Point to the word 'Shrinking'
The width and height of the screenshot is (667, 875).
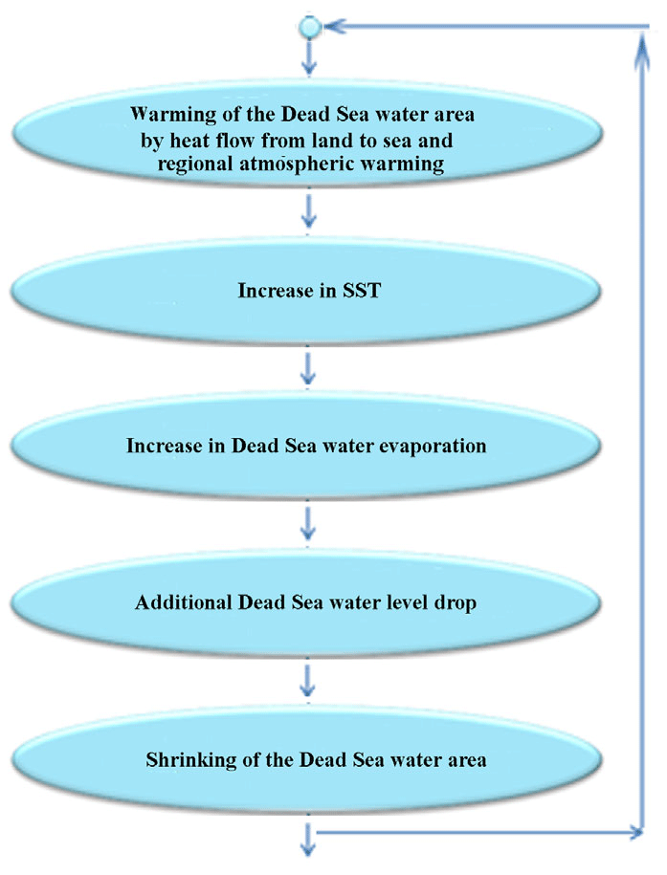pos(184,761)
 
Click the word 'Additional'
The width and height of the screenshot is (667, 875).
pos(179,603)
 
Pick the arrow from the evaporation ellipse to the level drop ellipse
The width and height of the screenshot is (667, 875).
pos(308,523)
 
